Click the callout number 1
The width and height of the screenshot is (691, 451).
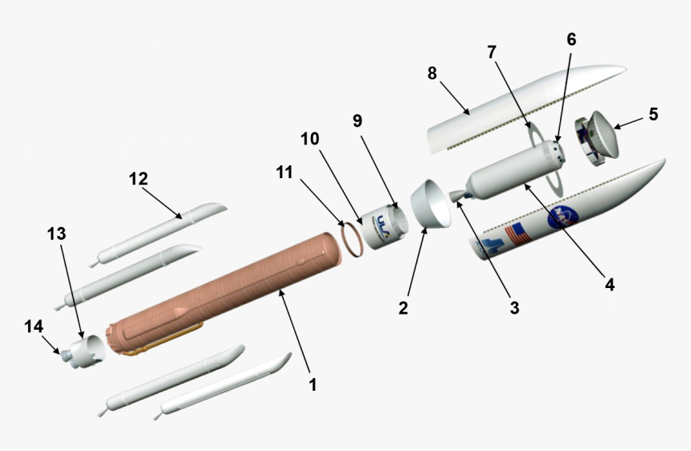coord(312,385)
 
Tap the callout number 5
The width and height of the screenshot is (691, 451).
coord(653,114)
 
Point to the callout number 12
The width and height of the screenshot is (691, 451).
coord(139,178)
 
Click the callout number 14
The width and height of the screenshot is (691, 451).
coord(33,327)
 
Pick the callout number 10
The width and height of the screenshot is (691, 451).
coord(310,139)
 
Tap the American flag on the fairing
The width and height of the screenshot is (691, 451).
coord(517,234)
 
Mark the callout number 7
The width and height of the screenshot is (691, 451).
coord(491,52)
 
